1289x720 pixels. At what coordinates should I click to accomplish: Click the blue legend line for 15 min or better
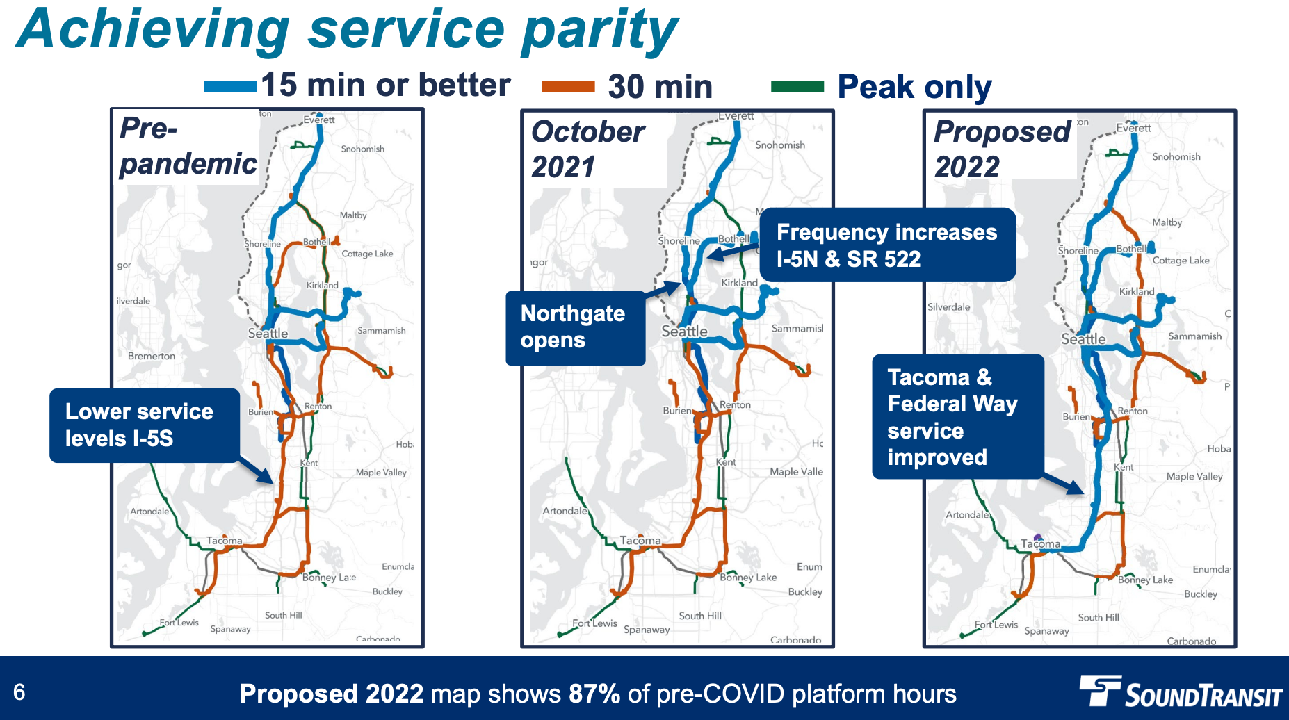point(230,86)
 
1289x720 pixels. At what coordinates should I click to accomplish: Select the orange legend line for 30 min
point(568,86)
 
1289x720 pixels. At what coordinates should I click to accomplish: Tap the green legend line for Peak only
point(797,87)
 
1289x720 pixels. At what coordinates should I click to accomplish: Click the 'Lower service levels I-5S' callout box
point(145,425)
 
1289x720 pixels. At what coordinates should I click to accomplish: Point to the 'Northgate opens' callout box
point(575,327)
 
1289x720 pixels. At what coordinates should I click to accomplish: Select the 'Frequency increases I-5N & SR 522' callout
point(886,245)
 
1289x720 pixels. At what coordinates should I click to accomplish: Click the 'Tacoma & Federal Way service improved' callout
point(957,416)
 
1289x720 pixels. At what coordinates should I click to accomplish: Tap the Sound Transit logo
point(1180,692)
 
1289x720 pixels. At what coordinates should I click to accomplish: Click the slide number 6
point(19,692)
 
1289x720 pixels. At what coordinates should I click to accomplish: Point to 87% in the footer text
point(594,694)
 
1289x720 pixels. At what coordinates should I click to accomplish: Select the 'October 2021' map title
point(587,149)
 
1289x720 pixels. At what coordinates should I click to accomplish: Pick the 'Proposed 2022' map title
point(1001,149)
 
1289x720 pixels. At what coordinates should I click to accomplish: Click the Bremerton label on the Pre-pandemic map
point(152,356)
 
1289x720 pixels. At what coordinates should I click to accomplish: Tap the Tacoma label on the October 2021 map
point(640,540)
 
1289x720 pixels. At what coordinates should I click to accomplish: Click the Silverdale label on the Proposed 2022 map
point(948,306)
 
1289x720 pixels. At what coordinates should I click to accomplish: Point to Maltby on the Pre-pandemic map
point(353,215)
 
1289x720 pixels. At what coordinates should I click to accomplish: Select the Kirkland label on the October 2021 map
point(739,283)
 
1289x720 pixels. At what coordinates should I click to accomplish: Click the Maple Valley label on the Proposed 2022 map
point(1194,476)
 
